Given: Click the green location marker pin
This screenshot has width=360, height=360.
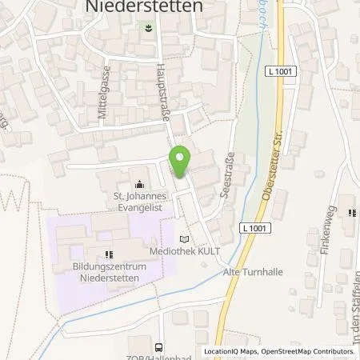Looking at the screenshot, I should (x=181, y=162).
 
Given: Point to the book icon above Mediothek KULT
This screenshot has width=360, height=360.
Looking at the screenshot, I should (x=186, y=238).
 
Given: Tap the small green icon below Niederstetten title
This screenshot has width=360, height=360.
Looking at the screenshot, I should (x=149, y=29).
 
